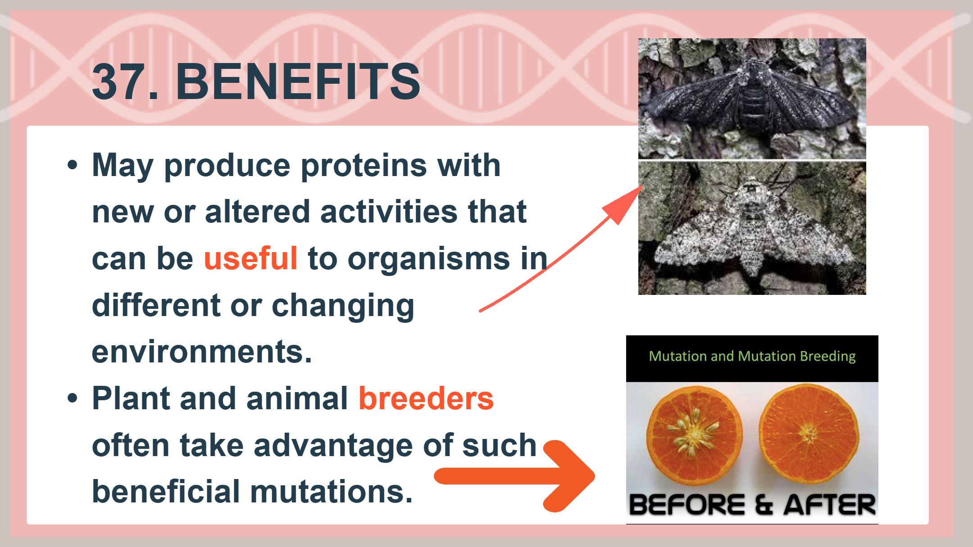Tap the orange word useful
(250, 258)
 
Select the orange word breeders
(426, 398)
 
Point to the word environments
(201, 352)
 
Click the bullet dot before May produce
(73, 165)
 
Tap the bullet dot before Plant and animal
(73, 398)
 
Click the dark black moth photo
(752, 99)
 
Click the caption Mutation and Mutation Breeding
(752, 356)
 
